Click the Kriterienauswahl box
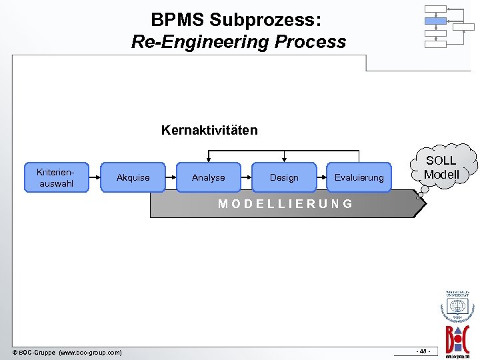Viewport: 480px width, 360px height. (57, 177)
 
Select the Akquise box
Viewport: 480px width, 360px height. (133, 177)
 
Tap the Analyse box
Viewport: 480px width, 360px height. (208, 177)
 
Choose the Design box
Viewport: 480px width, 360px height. (284, 177)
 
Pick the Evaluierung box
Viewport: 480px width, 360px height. (359, 177)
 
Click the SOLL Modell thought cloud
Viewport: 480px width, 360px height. (441, 167)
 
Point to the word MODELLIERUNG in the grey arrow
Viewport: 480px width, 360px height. (286, 204)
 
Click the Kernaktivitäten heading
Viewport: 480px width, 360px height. (209, 130)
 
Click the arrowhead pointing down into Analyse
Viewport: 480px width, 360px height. (209, 160)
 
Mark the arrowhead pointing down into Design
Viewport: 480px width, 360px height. (285, 160)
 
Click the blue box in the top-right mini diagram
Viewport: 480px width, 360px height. (435, 21)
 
